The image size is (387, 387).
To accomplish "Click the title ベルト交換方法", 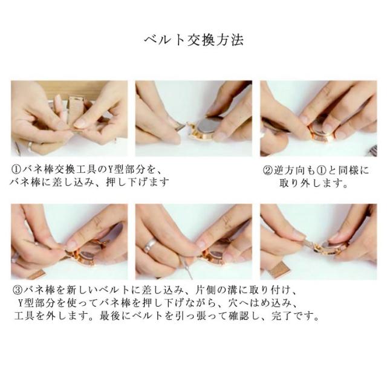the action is (194, 40).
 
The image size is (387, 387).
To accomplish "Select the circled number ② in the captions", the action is (267, 171).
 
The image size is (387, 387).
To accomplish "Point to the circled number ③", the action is (18, 290).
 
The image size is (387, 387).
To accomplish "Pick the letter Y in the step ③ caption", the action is (21, 303).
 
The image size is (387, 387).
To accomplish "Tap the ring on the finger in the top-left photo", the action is (30, 146).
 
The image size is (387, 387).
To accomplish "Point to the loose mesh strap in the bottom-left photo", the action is (36, 274).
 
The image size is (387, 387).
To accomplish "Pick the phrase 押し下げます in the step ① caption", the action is (137, 183).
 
